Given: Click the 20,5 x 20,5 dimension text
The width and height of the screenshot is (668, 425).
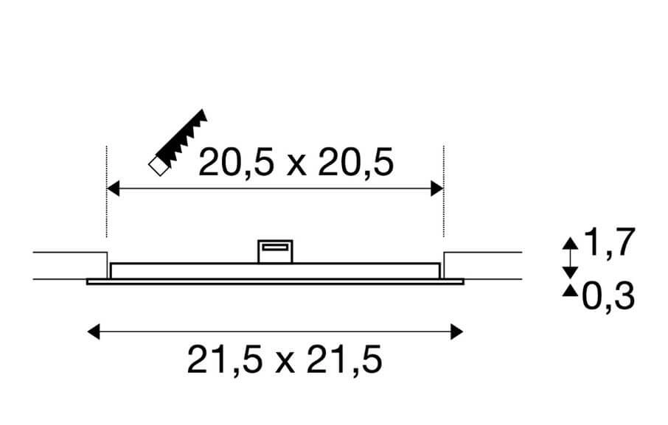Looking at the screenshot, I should tap(296, 162).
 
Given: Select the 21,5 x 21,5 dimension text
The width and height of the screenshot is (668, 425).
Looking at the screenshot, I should tap(285, 361).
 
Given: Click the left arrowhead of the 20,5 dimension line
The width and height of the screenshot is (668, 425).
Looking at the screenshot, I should tap(113, 189).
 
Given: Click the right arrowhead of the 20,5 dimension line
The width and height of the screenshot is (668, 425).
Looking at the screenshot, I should tap(437, 189).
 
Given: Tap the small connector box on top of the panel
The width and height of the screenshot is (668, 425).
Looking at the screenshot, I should tap(275, 251).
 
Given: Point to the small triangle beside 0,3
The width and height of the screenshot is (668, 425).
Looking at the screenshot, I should tap(570, 292).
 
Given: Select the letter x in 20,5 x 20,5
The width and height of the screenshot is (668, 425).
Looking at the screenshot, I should tap(295, 165).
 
